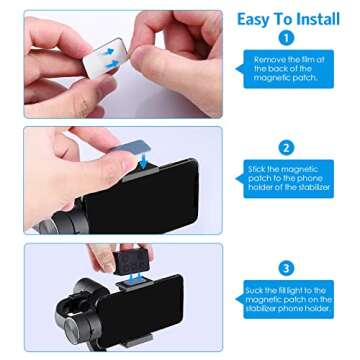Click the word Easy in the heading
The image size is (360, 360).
pos(253,17)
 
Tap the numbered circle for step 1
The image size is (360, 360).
pos(286,39)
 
